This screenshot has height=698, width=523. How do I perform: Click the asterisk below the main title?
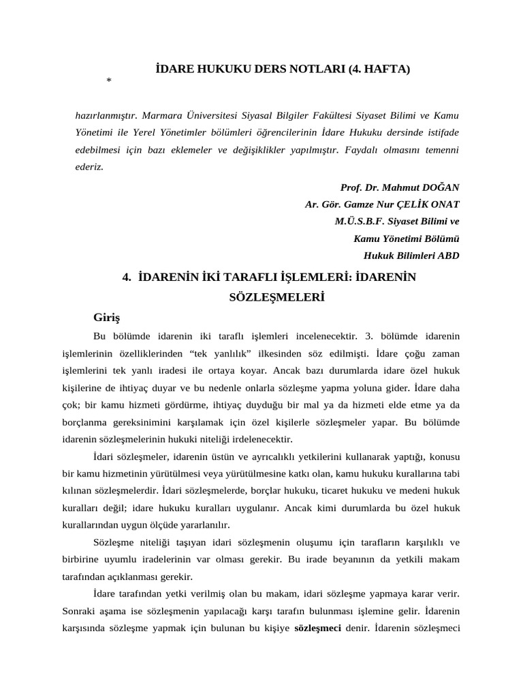109,82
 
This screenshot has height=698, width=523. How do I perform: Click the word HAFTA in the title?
389,69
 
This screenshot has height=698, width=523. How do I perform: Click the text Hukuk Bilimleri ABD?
413,256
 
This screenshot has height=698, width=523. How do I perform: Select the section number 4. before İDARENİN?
126,277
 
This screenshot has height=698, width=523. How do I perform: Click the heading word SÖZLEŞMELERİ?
266,298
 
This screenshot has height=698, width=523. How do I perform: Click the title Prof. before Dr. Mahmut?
351,187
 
